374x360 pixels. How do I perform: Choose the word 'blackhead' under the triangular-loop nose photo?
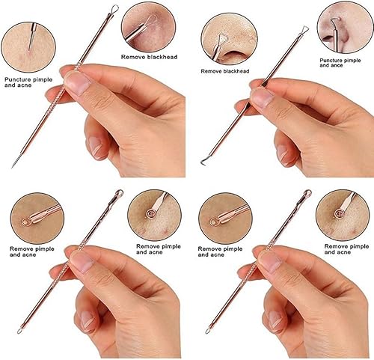point(239,71)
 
